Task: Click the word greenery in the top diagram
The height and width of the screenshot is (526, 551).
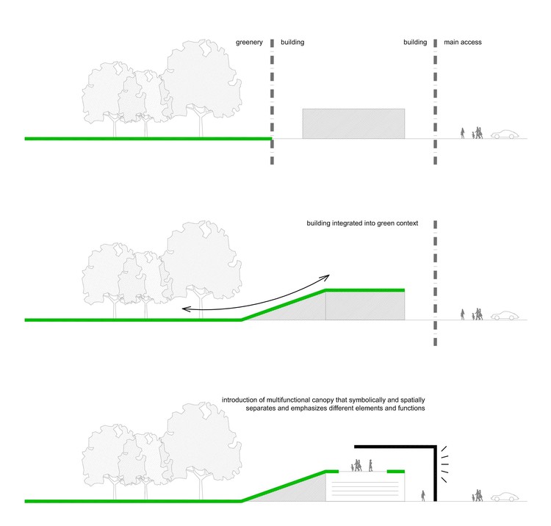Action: coord(249,43)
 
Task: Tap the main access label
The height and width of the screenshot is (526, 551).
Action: coord(462,42)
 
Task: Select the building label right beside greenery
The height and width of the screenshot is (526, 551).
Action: coord(292,42)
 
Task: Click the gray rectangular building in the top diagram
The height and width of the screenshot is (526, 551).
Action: coord(353,123)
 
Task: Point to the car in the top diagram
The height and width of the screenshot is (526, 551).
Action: coord(505,134)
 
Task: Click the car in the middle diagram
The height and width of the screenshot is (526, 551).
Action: coord(505,315)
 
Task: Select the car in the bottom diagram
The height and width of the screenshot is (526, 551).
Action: coord(505,497)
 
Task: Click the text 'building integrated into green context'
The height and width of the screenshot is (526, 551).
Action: coord(362,223)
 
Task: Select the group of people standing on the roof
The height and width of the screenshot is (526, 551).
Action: coord(361,465)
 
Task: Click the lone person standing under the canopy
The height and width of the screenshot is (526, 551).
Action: coord(423,496)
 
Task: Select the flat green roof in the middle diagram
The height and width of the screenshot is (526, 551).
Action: coord(364,290)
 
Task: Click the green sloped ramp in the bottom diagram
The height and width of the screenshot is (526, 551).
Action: coord(284,486)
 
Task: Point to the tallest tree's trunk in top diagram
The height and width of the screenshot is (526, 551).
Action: coord(201,122)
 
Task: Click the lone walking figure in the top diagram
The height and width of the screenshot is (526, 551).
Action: coord(462,133)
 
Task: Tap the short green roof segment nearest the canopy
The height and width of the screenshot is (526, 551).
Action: coord(396,472)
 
